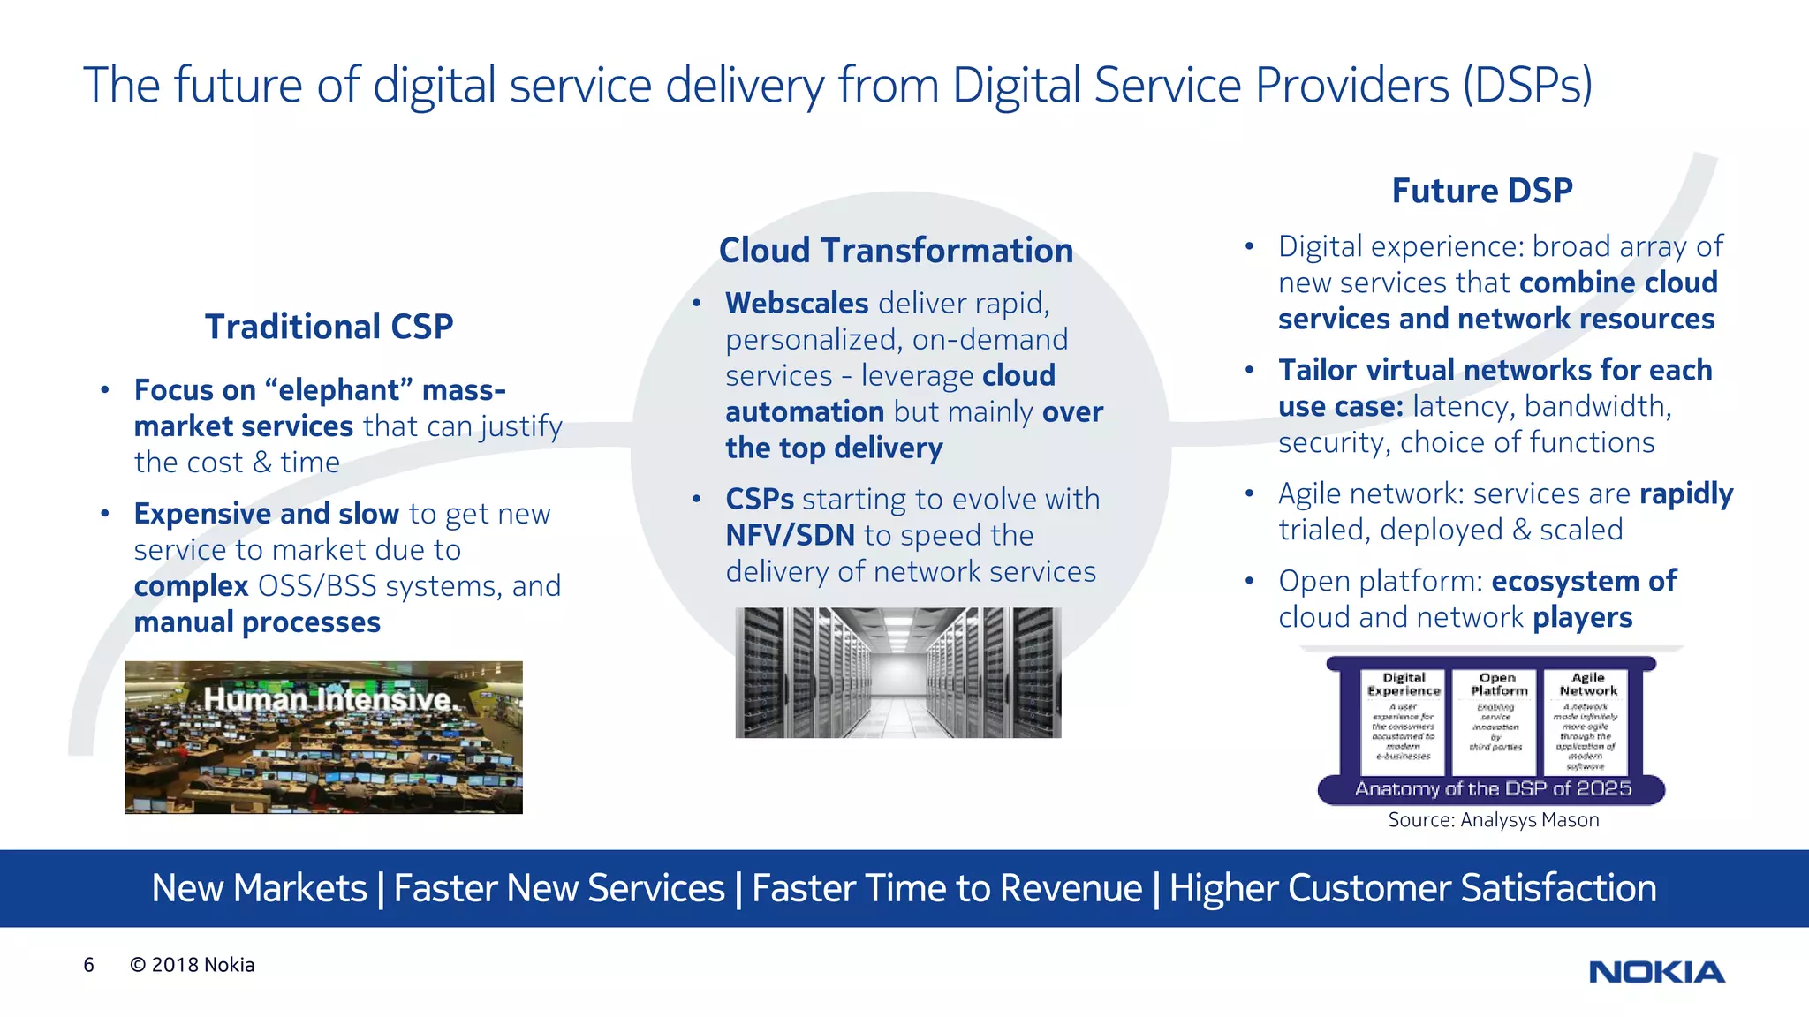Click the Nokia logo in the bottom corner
[x=1656, y=972]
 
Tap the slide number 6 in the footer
[x=88, y=965]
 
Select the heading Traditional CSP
[x=329, y=327]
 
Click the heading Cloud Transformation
[x=896, y=251]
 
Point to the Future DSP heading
[x=1482, y=191]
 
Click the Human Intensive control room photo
[x=323, y=737]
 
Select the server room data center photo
[x=897, y=673]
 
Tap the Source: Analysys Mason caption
[x=1493, y=820]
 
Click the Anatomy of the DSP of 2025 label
[x=1493, y=788]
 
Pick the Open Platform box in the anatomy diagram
[x=1497, y=719]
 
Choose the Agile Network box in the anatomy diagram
[x=1587, y=719]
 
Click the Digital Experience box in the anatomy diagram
[x=1404, y=719]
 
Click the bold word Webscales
[x=797, y=304]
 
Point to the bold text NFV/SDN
[x=790, y=536]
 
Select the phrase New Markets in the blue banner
[x=259, y=888]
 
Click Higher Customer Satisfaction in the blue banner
[x=1412, y=888]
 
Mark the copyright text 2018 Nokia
[x=193, y=965]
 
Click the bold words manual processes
[x=257, y=622]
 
